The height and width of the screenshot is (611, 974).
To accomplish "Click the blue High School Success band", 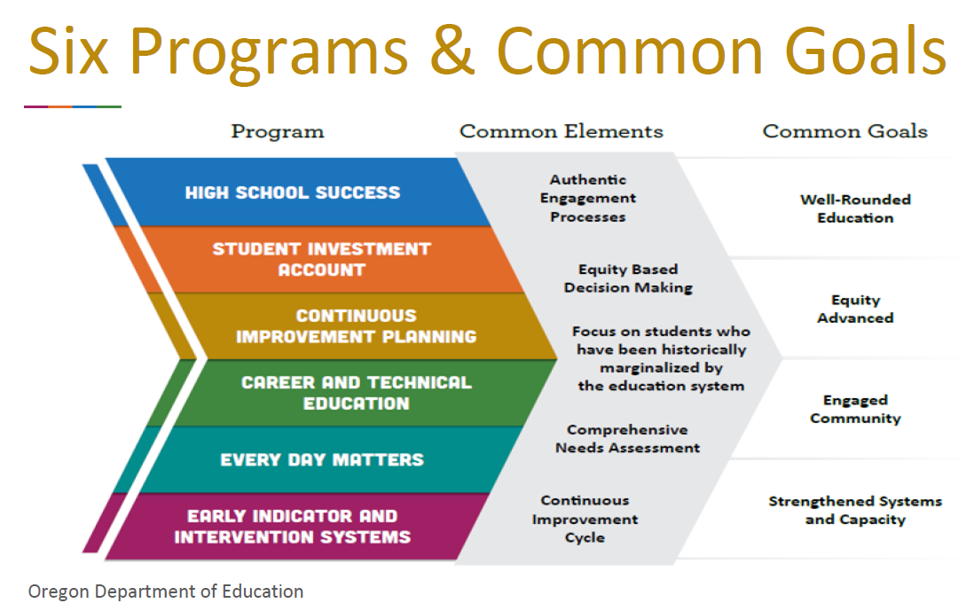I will (x=293, y=192).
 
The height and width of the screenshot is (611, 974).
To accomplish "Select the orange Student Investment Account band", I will (x=321, y=259).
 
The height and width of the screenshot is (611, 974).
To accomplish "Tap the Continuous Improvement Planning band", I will (x=356, y=325).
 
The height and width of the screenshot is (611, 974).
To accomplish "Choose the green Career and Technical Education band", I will (x=356, y=393).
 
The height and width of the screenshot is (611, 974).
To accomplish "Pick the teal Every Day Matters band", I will (x=322, y=459).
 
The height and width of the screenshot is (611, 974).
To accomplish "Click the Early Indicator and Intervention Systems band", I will (x=293, y=526).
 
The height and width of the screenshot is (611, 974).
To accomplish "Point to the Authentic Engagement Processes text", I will (x=587, y=198).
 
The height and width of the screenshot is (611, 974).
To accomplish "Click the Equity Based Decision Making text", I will (x=628, y=278).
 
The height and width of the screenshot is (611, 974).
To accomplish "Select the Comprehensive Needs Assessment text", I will (x=627, y=438).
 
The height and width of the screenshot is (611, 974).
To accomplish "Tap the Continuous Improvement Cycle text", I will (x=585, y=519).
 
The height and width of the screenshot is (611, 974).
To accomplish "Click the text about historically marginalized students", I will (x=661, y=358).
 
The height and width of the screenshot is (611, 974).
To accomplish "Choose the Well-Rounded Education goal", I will (x=855, y=208).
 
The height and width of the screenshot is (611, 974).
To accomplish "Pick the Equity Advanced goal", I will (x=855, y=309).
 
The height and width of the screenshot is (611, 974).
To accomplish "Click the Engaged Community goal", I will (x=855, y=409).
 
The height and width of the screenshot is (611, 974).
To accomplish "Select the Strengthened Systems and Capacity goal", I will (x=855, y=510).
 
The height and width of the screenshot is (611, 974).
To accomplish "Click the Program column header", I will (x=278, y=132).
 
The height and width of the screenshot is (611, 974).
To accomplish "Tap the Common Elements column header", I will (x=561, y=132).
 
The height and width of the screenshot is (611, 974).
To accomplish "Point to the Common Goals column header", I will (x=844, y=132).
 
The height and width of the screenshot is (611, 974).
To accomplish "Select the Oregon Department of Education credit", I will (x=166, y=591).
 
